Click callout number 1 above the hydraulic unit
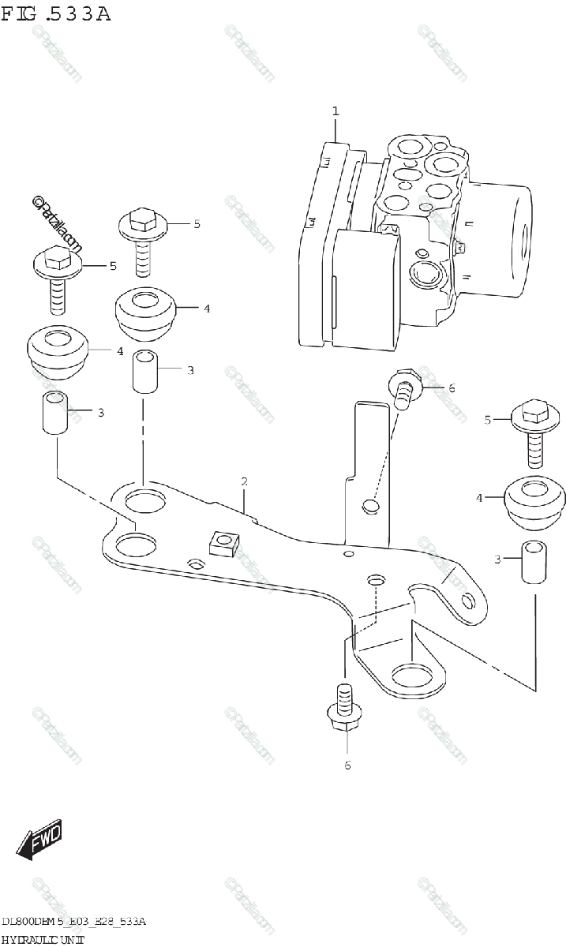click(335, 112)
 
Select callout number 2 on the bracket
click(245, 481)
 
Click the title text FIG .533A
click(56, 15)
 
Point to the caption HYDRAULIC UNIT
click(43, 938)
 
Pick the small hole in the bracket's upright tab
click(369, 506)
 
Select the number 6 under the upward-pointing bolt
click(347, 765)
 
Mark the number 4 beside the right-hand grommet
click(478, 497)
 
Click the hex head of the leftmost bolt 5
click(54, 258)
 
